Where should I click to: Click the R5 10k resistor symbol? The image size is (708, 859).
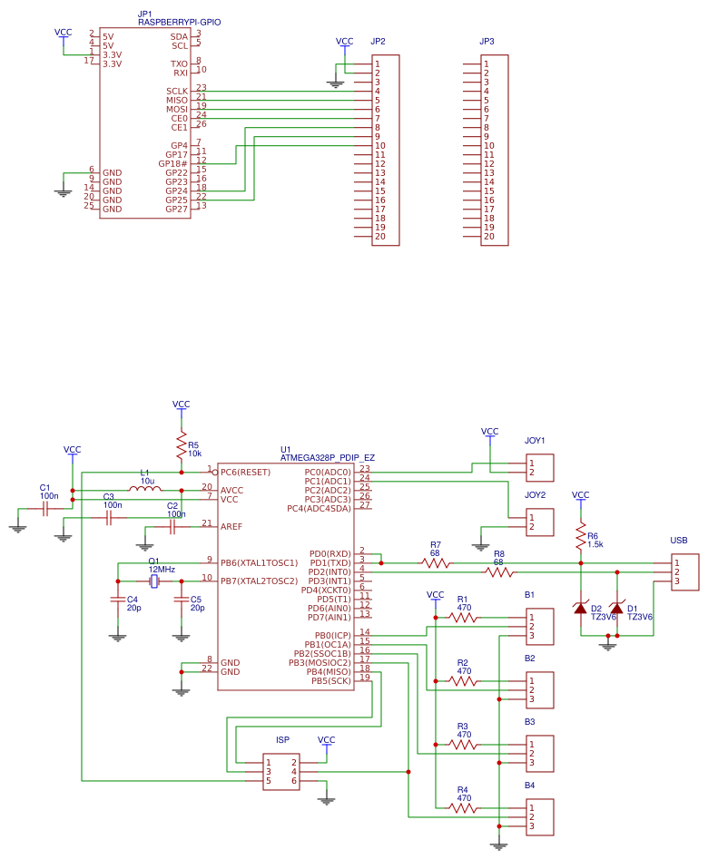(182, 445)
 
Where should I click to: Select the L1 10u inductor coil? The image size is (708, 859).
(145, 490)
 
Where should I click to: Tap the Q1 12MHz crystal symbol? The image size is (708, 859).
(154, 581)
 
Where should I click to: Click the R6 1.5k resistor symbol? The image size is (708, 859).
(581, 540)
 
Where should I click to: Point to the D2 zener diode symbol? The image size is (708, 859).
(581, 608)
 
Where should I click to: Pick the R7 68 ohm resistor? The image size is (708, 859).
(436, 562)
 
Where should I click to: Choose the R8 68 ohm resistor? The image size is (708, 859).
(499, 572)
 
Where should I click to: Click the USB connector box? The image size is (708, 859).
(685, 571)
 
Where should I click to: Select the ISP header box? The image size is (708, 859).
(281, 771)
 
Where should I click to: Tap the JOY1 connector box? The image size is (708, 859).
(540, 467)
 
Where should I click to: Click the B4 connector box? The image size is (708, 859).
(540, 816)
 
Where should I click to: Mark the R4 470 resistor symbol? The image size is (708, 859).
(463, 807)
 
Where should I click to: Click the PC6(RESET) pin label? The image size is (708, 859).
(245, 472)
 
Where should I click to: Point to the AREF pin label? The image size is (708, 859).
(232, 526)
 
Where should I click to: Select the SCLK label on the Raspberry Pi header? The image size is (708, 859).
(177, 91)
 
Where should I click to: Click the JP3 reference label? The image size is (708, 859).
(487, 42)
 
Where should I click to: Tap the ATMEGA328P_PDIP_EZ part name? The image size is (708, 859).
(327, 458)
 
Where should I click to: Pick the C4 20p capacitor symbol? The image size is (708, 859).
(117, 599)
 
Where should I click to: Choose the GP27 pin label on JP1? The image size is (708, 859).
(176, 209)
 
